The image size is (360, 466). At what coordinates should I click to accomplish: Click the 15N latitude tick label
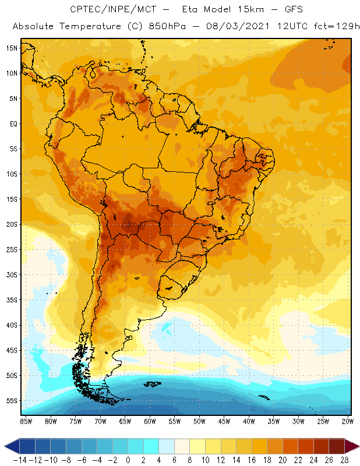[x=12, y=48]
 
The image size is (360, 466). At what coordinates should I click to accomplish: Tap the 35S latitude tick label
[x=12, y=300]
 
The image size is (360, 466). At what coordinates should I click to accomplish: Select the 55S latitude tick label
[x=12, y=401]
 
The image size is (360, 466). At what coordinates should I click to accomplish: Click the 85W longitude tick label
[x=26, y=421]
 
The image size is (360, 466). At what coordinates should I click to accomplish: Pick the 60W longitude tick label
[x=150, y=421]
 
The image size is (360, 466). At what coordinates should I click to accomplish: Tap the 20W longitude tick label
[x=348, y=421]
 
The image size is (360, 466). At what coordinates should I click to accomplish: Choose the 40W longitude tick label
[x=249, y=421]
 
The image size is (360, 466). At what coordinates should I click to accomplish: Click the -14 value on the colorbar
[x=20, y=460]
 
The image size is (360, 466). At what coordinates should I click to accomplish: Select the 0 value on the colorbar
[x=128, y=460]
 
